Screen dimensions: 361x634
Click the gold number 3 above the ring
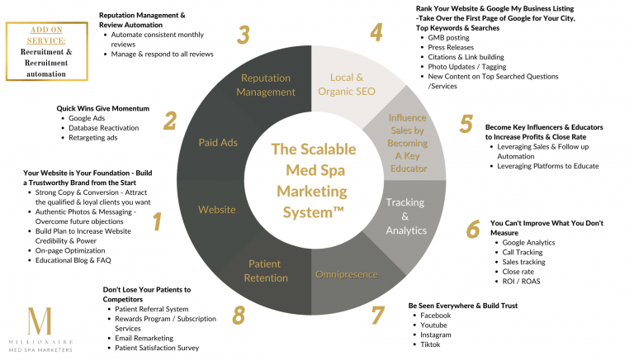pyautogui.click(x=243, y=36)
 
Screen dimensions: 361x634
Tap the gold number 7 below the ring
pyautogui.click(x=377, y=315)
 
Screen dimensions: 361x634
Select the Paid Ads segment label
pyautogui.click(x=218, y=143)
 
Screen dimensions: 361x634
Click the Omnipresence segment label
pyautogui.click(x=347, y=274)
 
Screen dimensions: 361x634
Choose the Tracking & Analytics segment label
pyautogui.click(x=405, y=216)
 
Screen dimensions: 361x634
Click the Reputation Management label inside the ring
pyautogui.click(x=266, y=84)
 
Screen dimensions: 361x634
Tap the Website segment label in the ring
pyautogui.click(x=217, y=210)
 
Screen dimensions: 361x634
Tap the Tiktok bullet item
pyautogui.click(x=430, y=345)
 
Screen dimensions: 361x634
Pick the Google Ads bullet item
pyautogui.click(x=87, y=118)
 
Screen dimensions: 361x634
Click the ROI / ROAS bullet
pyautogui.click(x=522, y=280)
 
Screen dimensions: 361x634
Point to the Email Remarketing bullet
pyautogui.click(x=144, y=338)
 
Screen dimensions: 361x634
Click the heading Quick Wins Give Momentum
pyautogui.click(x=102, y=107)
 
